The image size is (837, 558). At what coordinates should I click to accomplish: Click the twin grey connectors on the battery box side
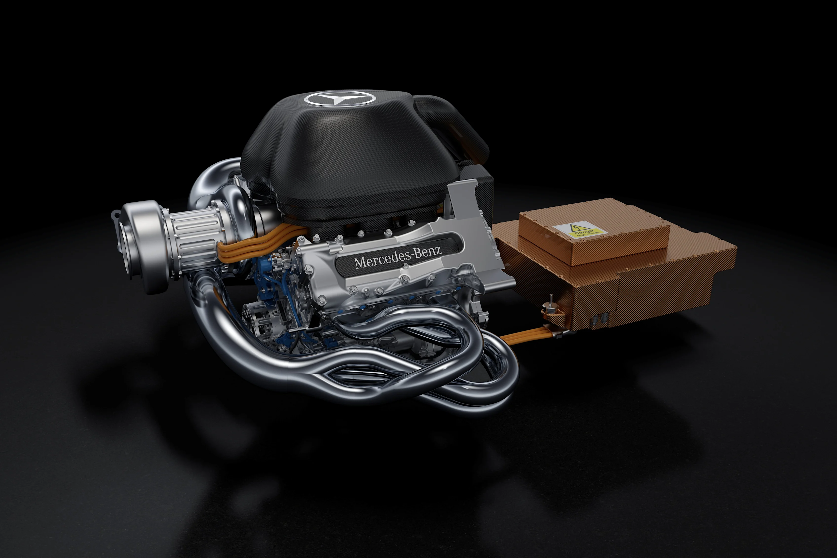pos(601,318)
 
